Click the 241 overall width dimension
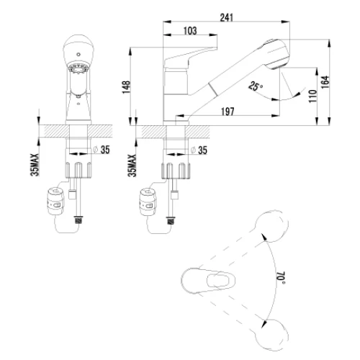click(227, 17)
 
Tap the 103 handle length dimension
click(190, 31)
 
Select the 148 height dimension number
click(126, 87)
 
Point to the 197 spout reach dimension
click(228, 112)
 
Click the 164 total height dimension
click(325, 82)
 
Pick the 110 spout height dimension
click(312, 96)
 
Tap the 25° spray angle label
click(256, 86)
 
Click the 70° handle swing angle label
click(281, 278)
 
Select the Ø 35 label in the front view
click(102, 150)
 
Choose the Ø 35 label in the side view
click(199, 150)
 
